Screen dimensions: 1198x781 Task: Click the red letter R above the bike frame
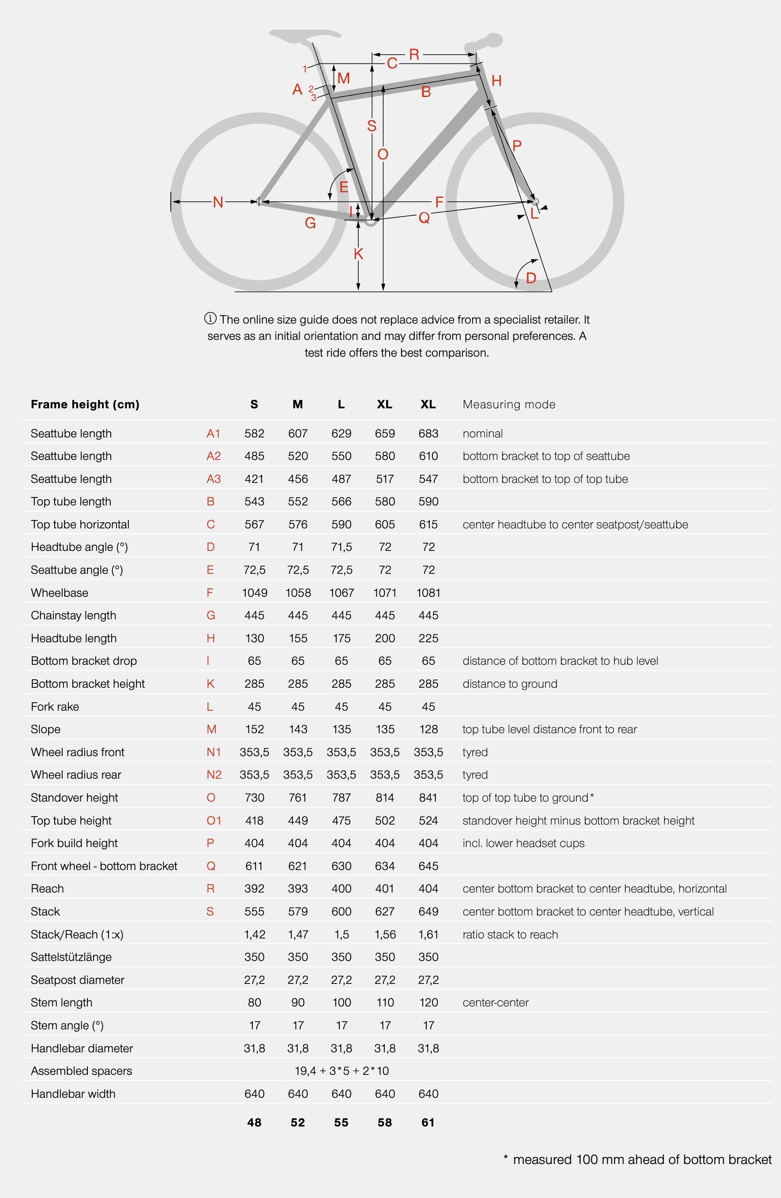(x=414, y=54)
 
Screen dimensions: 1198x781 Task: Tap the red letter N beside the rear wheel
(x=218, y=202)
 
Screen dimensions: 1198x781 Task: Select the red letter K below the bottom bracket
(x=358, y=254)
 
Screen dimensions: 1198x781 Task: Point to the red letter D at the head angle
(x=531, y=278)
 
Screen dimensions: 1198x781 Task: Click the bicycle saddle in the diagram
(x=304, y=35)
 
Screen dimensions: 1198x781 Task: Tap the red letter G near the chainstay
(x=311, y=223)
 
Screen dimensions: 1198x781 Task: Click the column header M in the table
(x=298, y=404)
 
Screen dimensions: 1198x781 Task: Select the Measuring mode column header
(x=509, y=404)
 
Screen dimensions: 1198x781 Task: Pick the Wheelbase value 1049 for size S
(x=255, y=592)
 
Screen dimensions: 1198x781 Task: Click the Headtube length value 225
(x=428, y=638)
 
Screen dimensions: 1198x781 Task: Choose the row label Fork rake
(x=55, y=706)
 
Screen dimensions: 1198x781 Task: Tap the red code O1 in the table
(x=214, y=821)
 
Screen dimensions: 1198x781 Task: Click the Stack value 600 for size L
(x=341, y=911)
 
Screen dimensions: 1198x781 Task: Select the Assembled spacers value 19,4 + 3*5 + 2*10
(x=342, y=1070)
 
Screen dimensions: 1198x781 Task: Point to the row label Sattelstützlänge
(x=71, y=957)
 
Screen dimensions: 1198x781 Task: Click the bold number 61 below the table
(x=428, y=1122)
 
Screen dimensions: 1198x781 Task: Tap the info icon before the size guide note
(x=210, y=318)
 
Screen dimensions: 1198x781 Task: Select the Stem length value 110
(x=385, y=1002)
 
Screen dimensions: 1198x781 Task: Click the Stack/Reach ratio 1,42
(x=255, y=934)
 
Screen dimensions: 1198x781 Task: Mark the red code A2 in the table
(x=214, y=456)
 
